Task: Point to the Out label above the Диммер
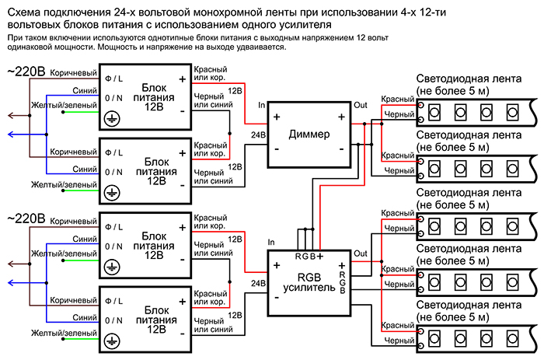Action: tap(361, 104)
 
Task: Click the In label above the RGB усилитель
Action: tap(270, 243)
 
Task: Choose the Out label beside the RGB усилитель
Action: tap(361, 253)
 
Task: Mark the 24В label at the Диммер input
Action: tap(256, 134)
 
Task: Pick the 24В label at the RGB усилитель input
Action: tap(256, 284)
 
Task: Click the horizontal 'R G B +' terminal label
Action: tap(309, 256)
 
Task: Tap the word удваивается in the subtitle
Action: tap(258, 47)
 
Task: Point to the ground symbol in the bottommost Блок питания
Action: tap(111, 341)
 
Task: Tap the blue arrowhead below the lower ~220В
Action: tap(8, 283)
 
